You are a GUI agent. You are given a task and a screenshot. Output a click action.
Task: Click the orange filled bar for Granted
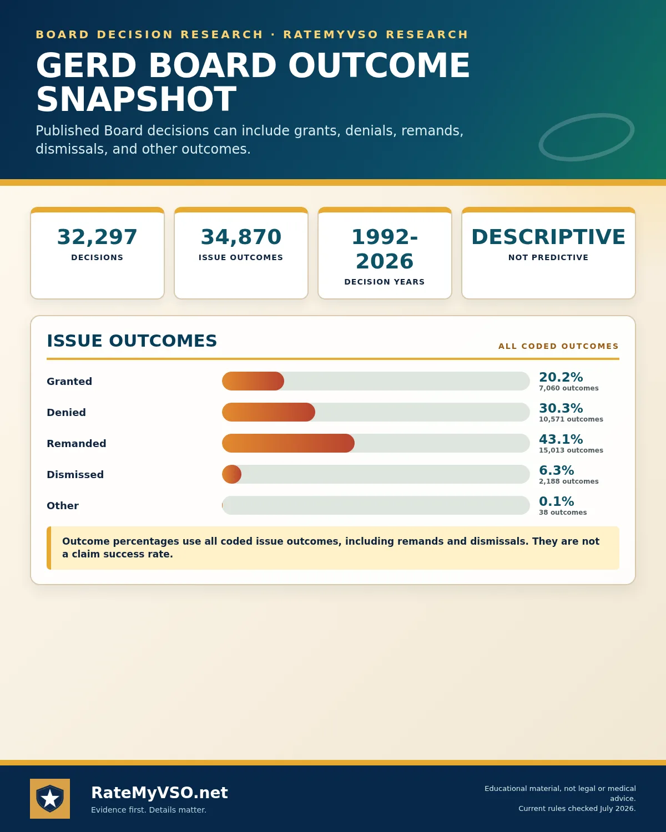pos(253,381)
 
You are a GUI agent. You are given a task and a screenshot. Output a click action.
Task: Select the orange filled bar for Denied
pos(269,412)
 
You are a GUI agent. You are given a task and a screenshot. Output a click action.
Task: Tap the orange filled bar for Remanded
pos(288,443)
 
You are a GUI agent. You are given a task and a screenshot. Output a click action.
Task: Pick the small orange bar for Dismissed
pos(232,474)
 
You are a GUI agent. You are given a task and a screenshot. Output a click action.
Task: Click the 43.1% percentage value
pos(561,439)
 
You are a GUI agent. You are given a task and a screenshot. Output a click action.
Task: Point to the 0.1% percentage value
pos(557,501)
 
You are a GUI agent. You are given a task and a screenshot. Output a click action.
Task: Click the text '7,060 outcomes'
pos(569,388)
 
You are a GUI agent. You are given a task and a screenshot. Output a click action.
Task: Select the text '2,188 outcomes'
pos(569,481)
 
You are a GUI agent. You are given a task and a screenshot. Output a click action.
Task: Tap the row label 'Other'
pos(63,506)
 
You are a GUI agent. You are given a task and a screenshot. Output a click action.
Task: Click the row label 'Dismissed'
pos(75,474)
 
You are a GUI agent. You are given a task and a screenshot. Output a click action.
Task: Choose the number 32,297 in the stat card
pos(97,237)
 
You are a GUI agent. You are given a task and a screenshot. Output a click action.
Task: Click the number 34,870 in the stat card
pos(241,237)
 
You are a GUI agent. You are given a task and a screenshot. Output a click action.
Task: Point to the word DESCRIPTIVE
pos(548,237)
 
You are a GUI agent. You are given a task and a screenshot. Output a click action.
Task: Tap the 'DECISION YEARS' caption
pos(385,282)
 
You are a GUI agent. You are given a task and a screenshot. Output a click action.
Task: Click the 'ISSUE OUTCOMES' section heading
pos(132,341)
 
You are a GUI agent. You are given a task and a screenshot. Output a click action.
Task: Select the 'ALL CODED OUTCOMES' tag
pos(558,346)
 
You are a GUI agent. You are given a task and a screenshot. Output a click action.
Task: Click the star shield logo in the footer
pos(50,798)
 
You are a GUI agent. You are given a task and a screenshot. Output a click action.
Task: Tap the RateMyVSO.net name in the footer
pos(159,793)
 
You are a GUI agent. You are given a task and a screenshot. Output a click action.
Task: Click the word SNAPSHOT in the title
pos(136,99)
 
